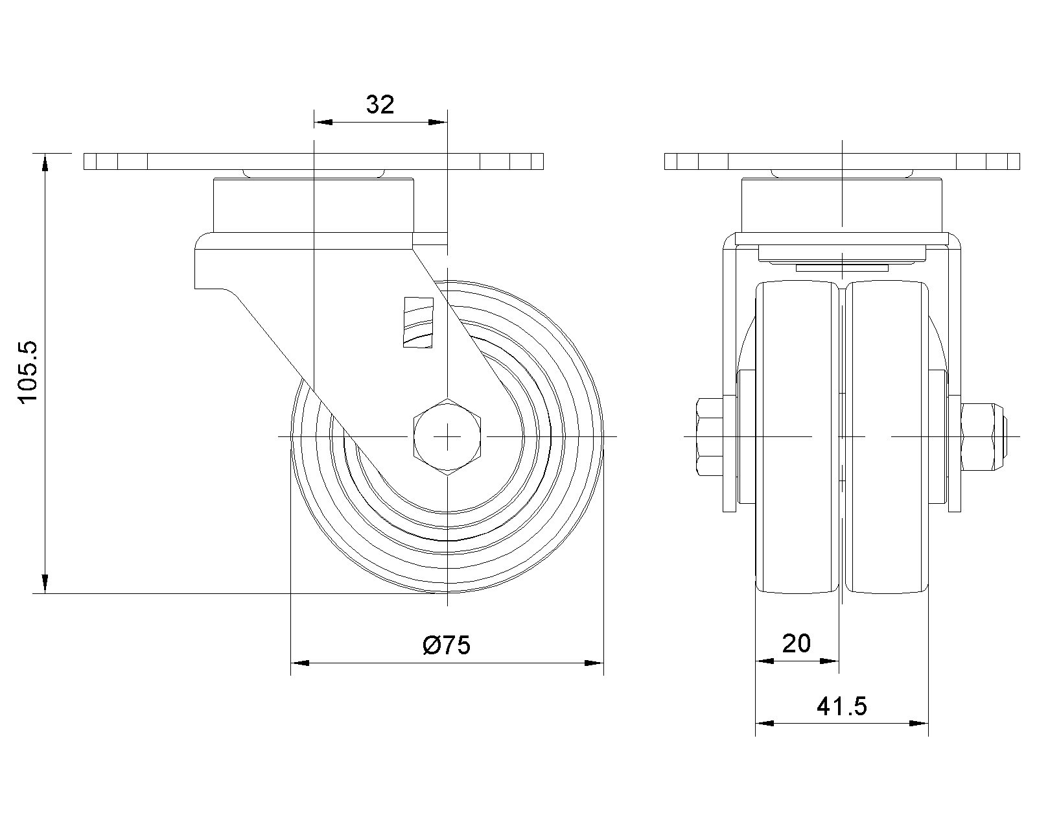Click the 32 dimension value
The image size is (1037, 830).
click(380, 104)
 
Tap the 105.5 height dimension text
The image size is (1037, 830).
click(27, 372)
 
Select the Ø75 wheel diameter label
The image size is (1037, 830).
click(446, 645)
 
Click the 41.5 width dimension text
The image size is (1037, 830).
click(842, 707)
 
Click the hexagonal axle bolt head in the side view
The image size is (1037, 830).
click(447, 437)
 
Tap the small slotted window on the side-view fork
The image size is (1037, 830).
click(418, 322)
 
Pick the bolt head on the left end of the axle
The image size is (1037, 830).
click(710, 436)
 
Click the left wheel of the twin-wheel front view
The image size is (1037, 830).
click(797, 437)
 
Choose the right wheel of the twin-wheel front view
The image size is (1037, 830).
click(887, 437)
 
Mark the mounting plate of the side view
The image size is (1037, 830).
click(314, 161)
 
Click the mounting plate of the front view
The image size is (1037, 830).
click(842, 161)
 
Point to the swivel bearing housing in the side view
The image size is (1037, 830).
click(314, 206)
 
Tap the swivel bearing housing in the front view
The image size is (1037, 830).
click(842, 206)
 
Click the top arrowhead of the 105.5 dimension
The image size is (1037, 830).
click(45, 162)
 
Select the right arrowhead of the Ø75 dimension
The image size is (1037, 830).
click(594, 663)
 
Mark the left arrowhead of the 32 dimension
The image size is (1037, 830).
click(323, 122)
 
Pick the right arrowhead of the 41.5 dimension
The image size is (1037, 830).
click(919, 723)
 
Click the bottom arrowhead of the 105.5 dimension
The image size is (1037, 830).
click(45, 584)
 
